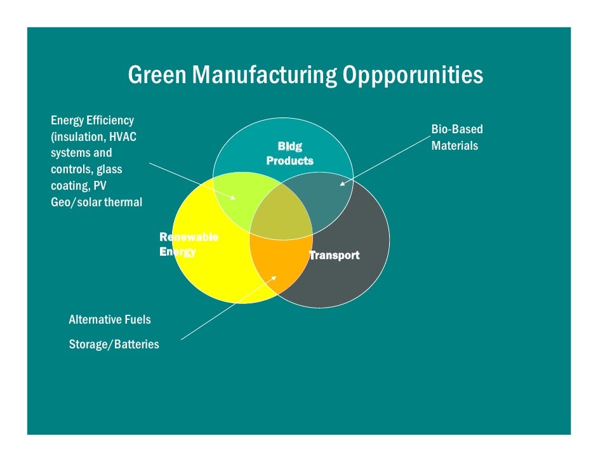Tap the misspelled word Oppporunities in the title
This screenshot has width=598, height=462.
pyautogui.click(x=413, y=76)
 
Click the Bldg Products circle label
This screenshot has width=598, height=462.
pyautogui.click(x=289, y=154)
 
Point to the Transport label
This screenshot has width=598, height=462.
pyautogui.click(x=334, y=255)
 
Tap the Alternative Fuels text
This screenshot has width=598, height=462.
pyautogui.click(x=110, y=319)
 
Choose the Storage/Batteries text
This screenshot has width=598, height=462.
pyautogui.click(x=114, y=345)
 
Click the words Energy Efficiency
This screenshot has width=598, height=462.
pyautogui.click(x=92, y=120)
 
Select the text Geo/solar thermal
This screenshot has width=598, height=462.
pyautogui.click(x=96, y=202)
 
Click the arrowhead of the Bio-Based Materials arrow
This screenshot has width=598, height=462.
pyautogui.click(x=342, y=185)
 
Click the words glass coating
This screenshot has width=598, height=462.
pyautogui.click(x=87, y=178)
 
